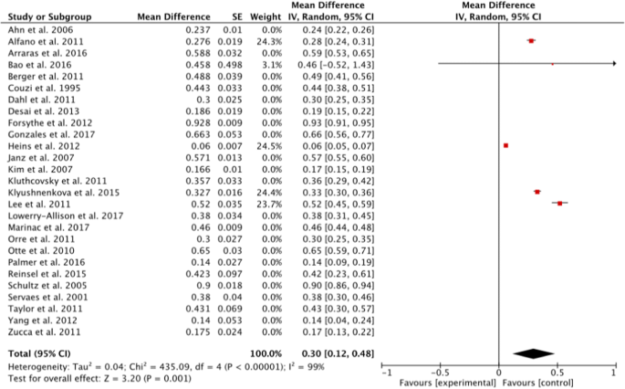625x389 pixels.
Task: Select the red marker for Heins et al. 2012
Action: pos(505,145)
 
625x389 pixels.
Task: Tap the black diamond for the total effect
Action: pos(535,352)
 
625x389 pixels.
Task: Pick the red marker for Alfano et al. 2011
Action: pos(531,41)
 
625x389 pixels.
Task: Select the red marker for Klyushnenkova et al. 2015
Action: pos(536,192)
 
